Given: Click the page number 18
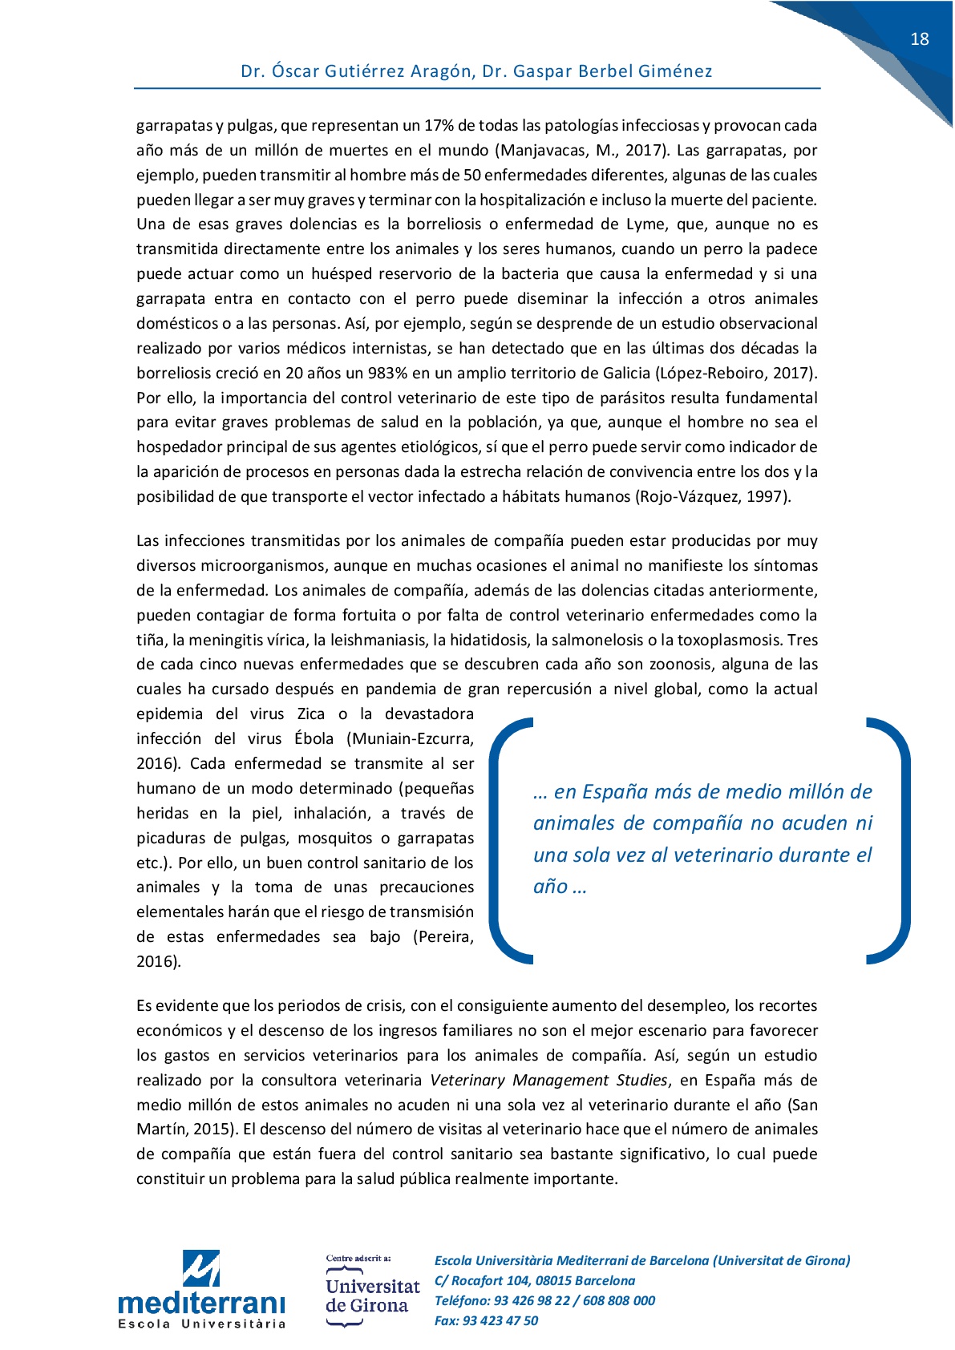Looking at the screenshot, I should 919,39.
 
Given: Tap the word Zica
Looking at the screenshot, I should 311,714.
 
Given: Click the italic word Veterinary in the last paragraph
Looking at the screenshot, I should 467,1081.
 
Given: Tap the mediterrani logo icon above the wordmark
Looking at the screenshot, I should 200,1268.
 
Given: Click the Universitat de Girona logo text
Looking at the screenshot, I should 372,1295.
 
